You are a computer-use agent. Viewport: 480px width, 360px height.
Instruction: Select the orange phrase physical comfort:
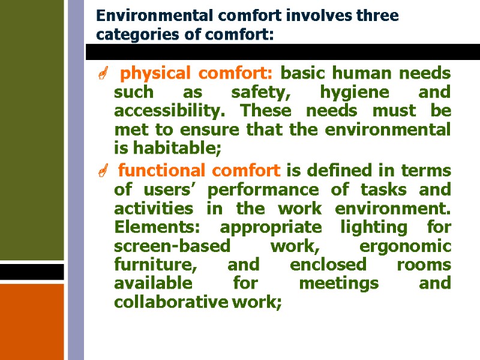point(197,74)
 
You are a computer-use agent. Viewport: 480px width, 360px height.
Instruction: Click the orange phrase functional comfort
point(199,171)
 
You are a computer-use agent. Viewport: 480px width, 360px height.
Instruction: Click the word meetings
point(339,284)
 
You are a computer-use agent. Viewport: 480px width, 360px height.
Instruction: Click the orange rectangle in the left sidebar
point(32,321)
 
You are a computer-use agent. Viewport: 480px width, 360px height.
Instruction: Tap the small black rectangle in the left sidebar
point(32,272)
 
